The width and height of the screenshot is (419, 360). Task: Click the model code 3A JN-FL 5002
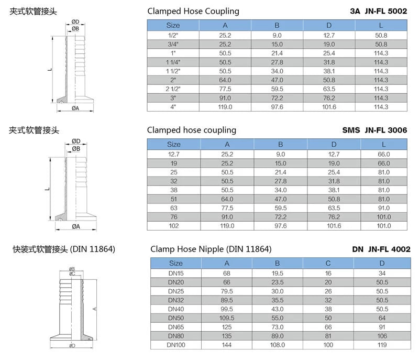tap(378, 11)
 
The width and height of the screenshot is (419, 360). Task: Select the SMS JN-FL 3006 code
tap(374, 130)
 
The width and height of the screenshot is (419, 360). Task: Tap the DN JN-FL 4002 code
tap(381, 249)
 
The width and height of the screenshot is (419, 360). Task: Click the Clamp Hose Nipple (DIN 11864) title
tap(211, 249)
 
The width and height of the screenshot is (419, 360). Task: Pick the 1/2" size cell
tap(173, 35)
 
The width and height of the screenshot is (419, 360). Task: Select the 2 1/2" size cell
tap(173, 89)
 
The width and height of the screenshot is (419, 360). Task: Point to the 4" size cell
tap(173, 107)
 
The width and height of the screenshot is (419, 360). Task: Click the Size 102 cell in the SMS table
tap(174, 226)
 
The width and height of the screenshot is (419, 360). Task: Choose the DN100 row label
tap(176, 345)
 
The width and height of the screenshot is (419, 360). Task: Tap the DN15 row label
tap(176, 274)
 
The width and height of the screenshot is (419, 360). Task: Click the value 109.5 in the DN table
tap(227, 318)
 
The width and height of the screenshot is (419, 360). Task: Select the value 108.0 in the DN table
tap(278, 345)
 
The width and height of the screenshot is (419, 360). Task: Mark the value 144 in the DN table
tap(227, 345)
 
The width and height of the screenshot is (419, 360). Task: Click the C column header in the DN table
tap(328, 263)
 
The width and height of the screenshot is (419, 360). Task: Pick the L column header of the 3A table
tap(381, 25)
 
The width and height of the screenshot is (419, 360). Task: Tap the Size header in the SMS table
tap(174, 144)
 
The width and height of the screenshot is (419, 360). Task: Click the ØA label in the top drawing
tap(75, 108)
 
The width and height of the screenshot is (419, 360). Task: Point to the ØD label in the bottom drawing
tap(72, 345)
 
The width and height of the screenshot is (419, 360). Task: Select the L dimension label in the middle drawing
tap(47, 189)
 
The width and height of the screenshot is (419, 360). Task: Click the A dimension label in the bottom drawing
tap(94, 309)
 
